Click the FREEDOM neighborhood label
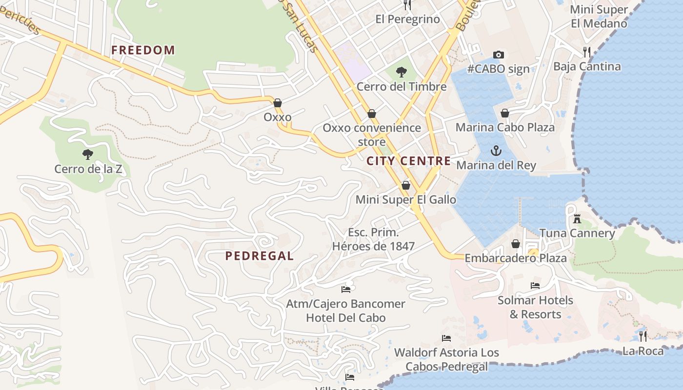click(143, 50)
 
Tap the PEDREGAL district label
click(259, 256)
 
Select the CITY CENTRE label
click(409, 161)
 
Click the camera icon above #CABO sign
click(498, 55)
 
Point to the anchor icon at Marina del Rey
click(496, 151)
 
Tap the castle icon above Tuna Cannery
click(577, 219)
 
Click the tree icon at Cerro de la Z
click(88, 155)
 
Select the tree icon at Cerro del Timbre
click(402, 73)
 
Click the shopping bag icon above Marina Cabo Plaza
click(505, 113)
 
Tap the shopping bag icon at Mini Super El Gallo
click(405, 185)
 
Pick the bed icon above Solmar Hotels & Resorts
click(535, 286)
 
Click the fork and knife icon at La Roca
click(643, 336)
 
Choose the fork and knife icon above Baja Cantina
click(587, 52)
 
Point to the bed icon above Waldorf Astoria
click(446, 338)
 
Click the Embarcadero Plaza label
click(516, 258)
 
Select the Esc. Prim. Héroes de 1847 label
click(373, 239)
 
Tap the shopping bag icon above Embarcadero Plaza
click(516, 244)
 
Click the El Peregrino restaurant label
click(408, 19)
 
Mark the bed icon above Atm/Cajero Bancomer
click(346, 290)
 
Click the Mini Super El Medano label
click(599, 16)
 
